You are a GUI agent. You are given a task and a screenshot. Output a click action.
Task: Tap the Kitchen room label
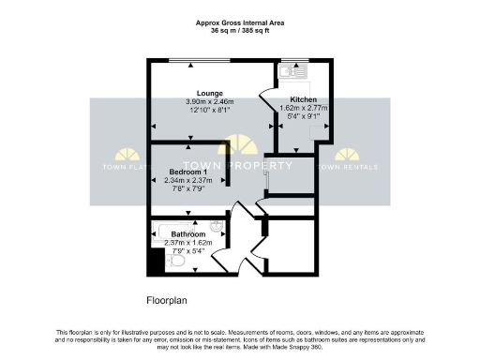tap(302, 98)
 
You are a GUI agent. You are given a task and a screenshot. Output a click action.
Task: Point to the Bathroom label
tap(187, 234)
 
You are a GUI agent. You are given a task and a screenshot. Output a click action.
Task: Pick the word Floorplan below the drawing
tap(169, 301)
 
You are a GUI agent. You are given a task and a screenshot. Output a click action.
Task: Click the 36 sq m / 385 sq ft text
tap(240, 30)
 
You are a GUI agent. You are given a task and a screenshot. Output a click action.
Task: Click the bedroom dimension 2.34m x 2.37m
tap(187, 180)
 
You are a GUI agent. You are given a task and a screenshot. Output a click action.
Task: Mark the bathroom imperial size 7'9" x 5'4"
tap(187, 250)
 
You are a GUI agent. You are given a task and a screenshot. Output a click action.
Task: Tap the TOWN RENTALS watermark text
tap(348, 167)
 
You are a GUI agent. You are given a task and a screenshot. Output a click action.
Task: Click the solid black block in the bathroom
tap(156, 262)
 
